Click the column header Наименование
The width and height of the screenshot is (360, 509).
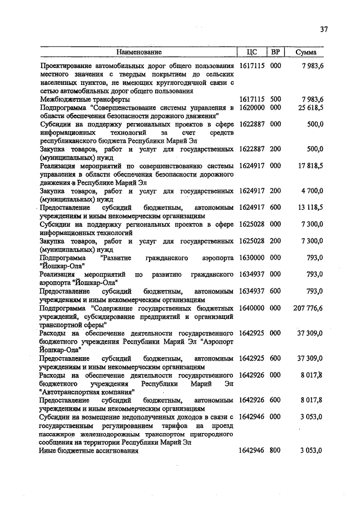pos(139,52)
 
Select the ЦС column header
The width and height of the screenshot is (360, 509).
pos(251,52)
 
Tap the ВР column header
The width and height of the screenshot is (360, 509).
pos(276,52)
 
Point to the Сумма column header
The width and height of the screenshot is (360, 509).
pos(305,52)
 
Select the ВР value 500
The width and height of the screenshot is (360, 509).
pos(276,99)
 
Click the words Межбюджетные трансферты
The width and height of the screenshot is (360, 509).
pos(85,99)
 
